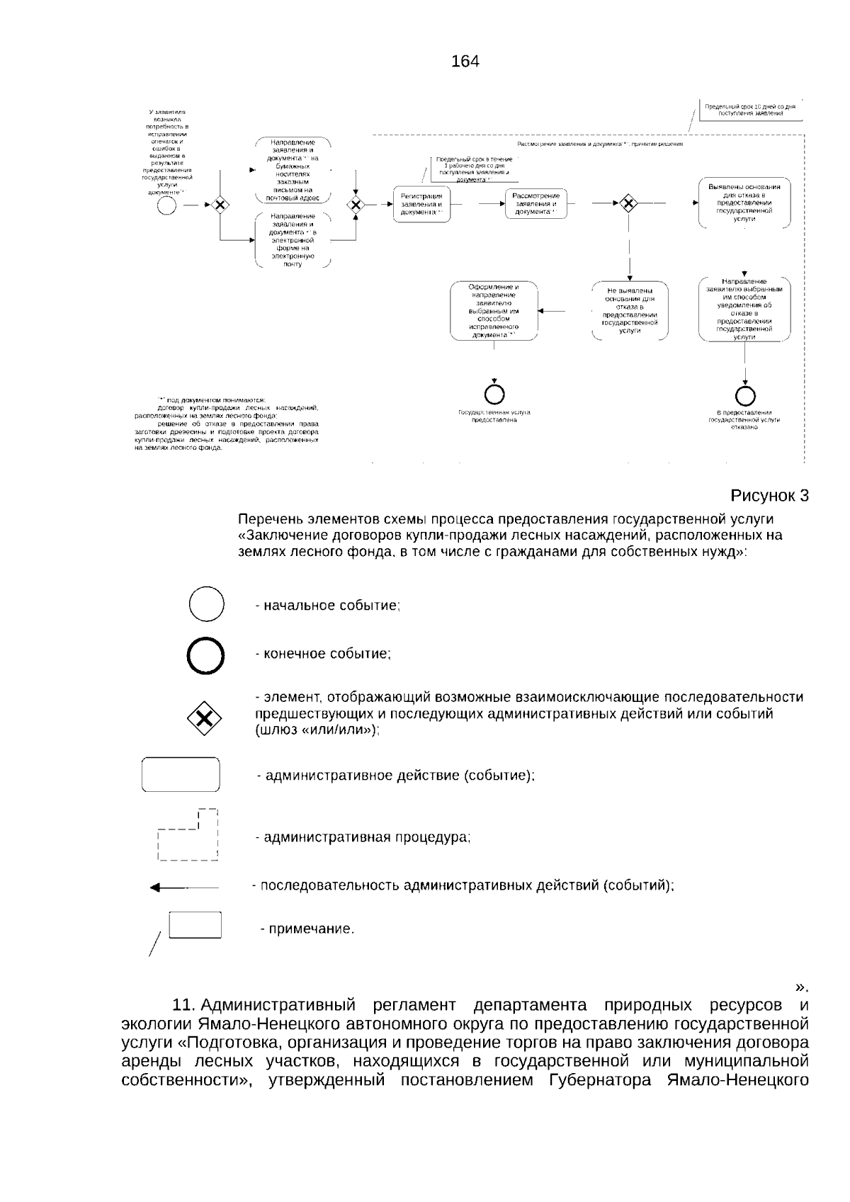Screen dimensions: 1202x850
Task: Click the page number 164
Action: [465, 62]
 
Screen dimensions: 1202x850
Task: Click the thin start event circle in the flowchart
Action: [167, 205]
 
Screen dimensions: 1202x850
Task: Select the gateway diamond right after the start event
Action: [220, 205]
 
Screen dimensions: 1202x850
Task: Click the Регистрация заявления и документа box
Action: [421, 204]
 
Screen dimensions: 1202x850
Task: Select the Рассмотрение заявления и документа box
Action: [535, 203]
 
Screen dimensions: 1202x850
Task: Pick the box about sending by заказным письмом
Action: [293, 170]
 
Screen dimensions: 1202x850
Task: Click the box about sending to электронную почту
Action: [293, 239]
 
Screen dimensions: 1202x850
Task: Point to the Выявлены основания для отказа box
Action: [744, 203]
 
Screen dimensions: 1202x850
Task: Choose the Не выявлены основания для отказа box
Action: [630, 311]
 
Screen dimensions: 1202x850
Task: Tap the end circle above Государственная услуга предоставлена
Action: [494, 395]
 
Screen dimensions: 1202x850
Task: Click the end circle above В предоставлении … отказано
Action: [745, 395]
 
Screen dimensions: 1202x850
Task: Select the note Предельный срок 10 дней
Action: [750, 110]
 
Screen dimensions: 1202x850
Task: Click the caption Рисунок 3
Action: [769, 495]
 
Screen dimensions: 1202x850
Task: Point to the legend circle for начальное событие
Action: [207, 605]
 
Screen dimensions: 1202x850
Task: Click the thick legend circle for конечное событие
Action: [206, 655]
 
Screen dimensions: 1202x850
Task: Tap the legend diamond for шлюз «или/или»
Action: [204, 720]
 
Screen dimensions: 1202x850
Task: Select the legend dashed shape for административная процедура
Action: [188, 836]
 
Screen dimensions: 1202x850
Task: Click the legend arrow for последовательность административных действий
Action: [185, 887]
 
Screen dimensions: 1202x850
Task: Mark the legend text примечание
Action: [307, 929]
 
